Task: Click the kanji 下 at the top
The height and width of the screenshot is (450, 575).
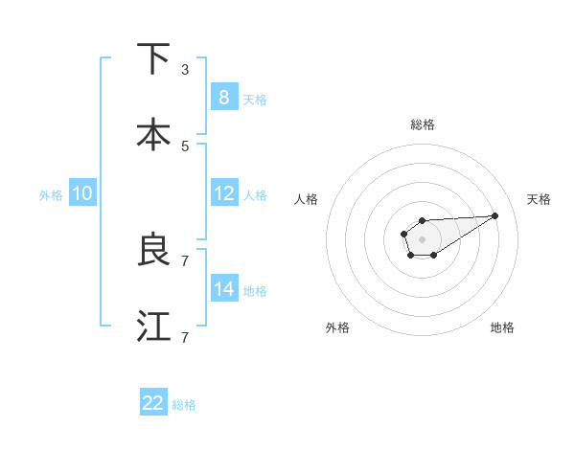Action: pyautogui.click(x=153, y=59)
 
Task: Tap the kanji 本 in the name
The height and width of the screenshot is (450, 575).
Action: pyautogui.click(x=153, y=135)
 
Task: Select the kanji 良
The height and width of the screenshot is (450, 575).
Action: pyautogui.click(x=153, y=250)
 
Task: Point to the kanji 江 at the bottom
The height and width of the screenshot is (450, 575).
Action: pyautogui.click(x=153, y=326)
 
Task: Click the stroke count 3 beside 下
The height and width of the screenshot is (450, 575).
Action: pyautogui.click(x=185, y=70)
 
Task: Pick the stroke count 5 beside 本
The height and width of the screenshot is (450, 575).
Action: pyautogui.click(x=185, y=146)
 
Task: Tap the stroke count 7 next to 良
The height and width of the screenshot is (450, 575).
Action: pyautogui.click(x=185, y=260)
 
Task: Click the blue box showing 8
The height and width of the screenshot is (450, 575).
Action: pyautogui.click(x=223, y=98)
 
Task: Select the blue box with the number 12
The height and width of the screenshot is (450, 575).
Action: pyautogui.click(x=223, y=193)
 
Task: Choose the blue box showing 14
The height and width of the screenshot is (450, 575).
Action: pyautogui.click(x=223, y=289)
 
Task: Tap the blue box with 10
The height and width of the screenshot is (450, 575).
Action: pyautogui.click(x=81, y=193)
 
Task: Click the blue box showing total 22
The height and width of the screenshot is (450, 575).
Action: pyautogui.click(x=153, y=403)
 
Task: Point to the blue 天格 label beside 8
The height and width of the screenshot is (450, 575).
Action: pyautogui.click(x=255, y=100)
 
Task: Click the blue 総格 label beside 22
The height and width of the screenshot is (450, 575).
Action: pyautogui.click(x=184, y=405)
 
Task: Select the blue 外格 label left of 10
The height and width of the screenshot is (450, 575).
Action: pyautogui.click(x=51, y=195)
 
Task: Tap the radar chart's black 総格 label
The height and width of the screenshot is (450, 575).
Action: pyautogui.click(x=422, y=124)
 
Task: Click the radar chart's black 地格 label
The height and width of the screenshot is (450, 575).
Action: pyautogui.click(x=502, y=327)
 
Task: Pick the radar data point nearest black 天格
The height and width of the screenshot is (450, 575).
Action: pyautogui.click(x=495, y=214)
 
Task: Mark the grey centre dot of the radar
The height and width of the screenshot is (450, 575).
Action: pyautogui.click(x=422, y=238)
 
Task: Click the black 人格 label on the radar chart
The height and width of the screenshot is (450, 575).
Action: pyautogui.click(x=307, y=199)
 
